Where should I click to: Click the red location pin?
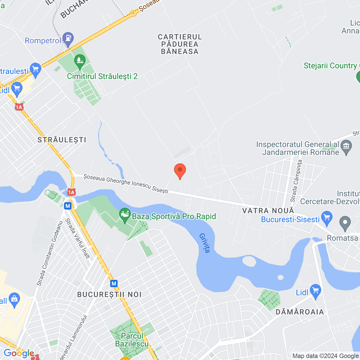180,170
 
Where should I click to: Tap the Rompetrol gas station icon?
68,39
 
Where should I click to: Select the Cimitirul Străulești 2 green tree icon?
80,61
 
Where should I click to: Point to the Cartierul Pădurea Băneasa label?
180,44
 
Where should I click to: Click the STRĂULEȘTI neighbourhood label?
62,140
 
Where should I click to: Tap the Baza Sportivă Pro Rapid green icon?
125,215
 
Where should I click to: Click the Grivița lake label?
205,243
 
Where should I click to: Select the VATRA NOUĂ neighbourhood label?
268,210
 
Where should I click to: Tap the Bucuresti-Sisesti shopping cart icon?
327,218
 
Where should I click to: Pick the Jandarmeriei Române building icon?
346,147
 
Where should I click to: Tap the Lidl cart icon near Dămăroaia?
316,291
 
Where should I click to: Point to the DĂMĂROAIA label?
300,312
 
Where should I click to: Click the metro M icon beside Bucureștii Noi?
114,283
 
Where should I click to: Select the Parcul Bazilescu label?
132,340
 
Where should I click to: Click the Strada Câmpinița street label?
296,181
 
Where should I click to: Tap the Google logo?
19,353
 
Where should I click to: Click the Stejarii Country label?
330,66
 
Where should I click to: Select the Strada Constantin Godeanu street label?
49,253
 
